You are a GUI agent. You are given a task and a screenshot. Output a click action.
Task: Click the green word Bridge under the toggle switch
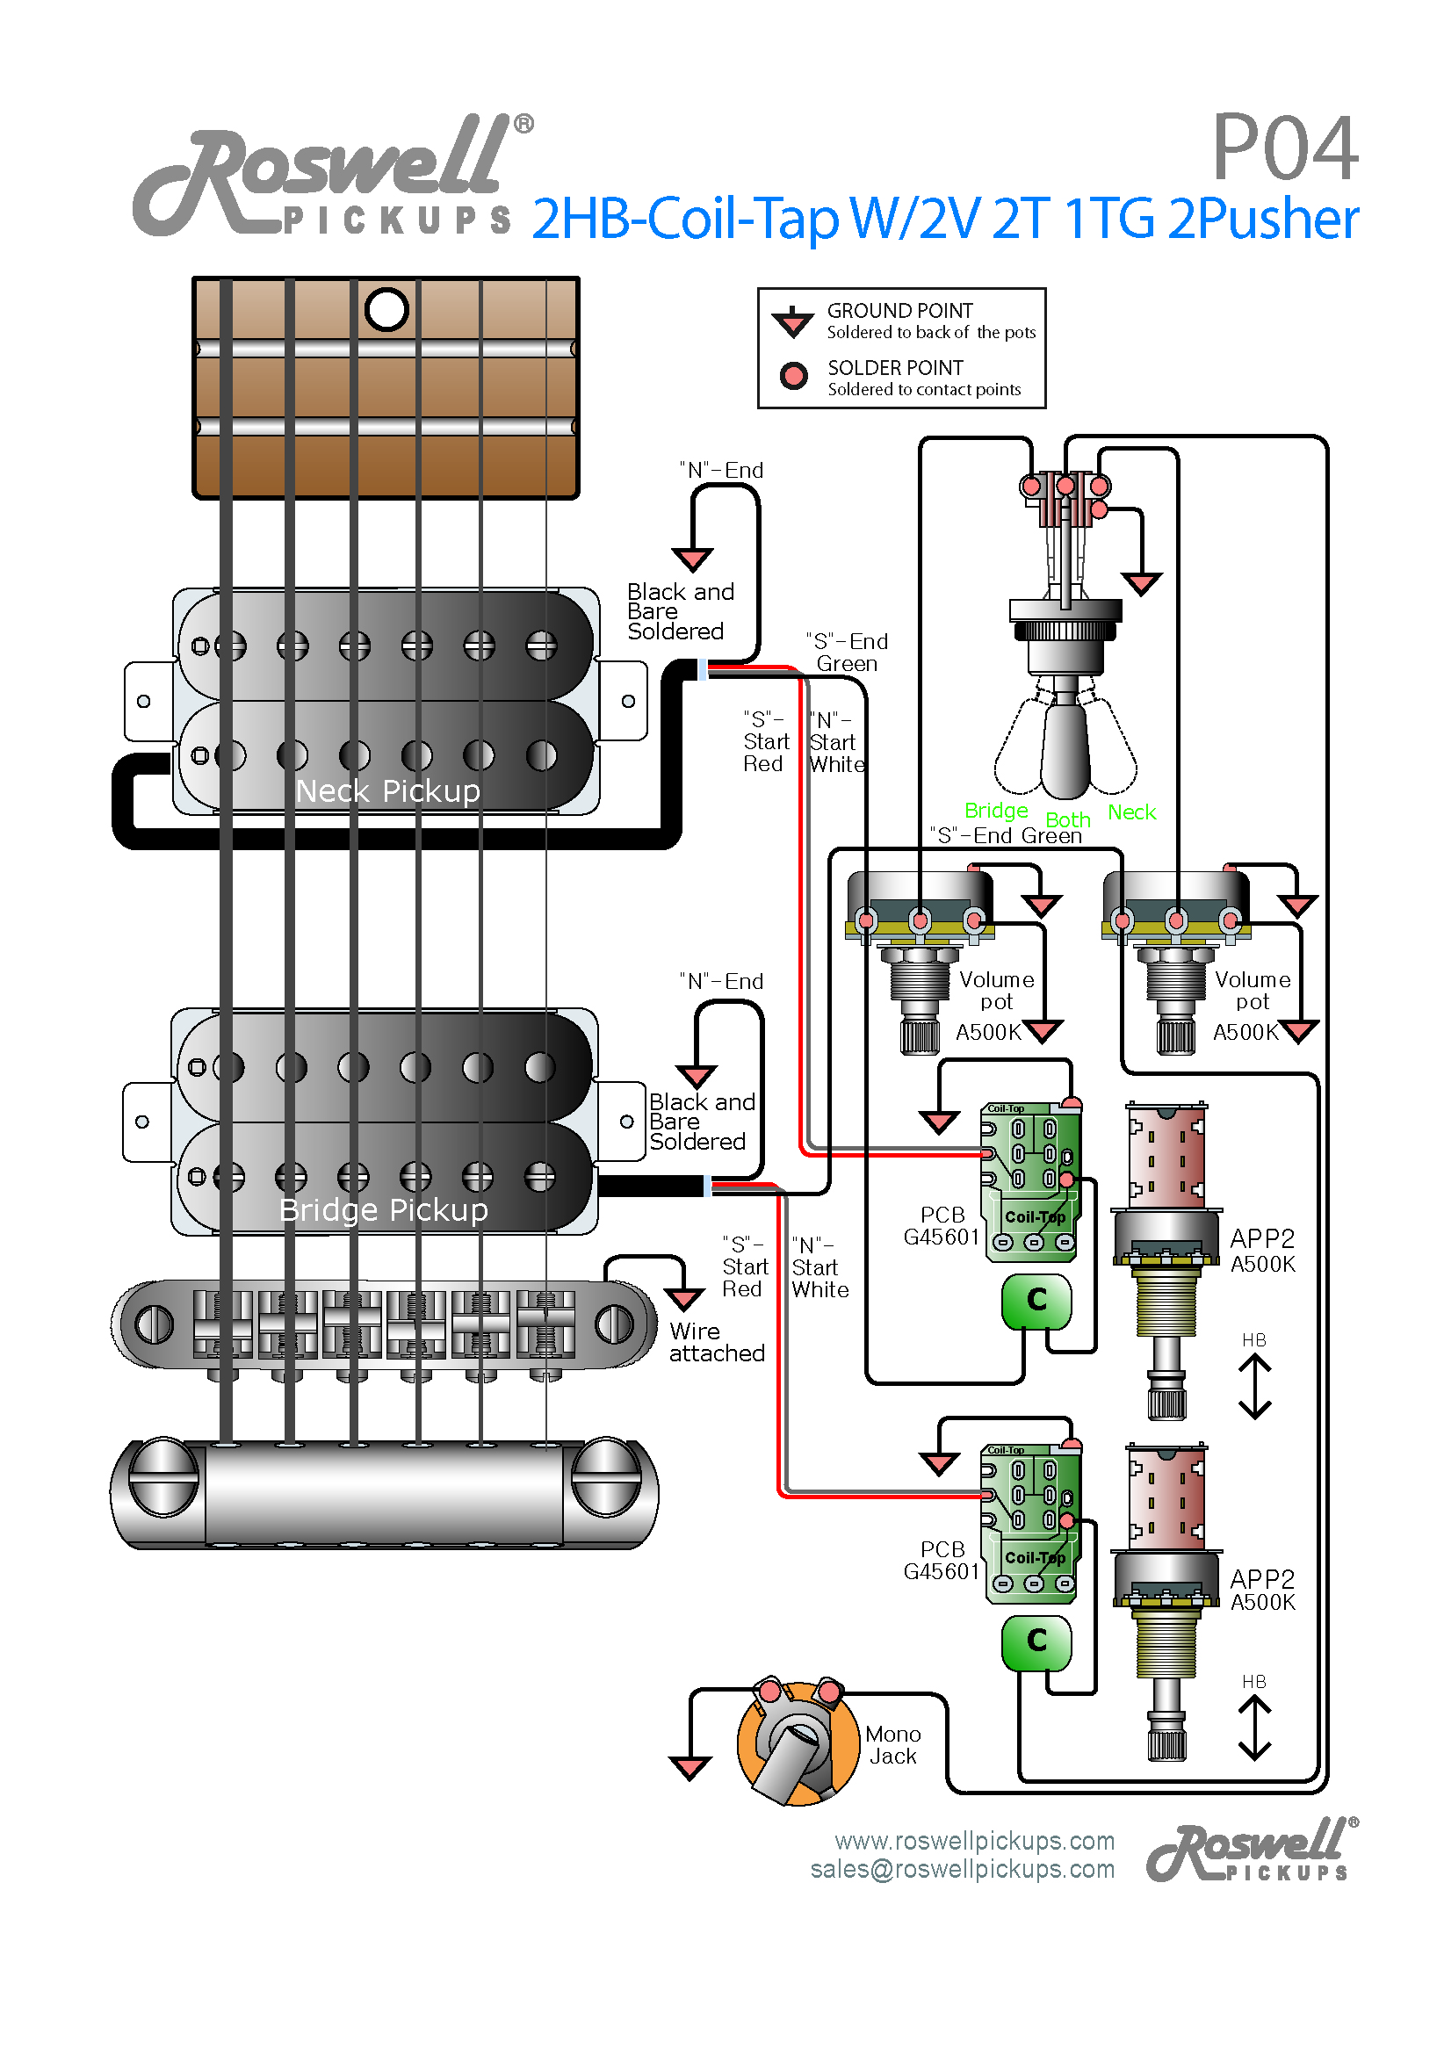[995, 811]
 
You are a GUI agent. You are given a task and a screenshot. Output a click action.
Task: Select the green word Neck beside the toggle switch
[1130, 812]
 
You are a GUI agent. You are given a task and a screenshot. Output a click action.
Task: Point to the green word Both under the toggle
[1067, 819]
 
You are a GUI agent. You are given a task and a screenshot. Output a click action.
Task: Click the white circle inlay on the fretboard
[386, 310]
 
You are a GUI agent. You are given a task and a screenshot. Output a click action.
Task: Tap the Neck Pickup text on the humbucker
[387, 790]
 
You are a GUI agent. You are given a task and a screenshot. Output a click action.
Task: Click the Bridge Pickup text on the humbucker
[383, 1209]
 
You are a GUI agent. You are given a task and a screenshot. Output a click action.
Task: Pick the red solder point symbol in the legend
[792, 376]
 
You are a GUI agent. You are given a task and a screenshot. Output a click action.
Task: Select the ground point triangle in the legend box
[791, 321]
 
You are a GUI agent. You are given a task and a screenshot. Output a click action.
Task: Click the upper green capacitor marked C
[1036, 1300]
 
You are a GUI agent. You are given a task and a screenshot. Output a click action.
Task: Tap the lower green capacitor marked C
[1036, 1641]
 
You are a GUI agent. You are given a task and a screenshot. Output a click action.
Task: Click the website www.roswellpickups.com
[974, 1840]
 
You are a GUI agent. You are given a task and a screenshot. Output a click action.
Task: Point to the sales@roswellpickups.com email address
[961, 1869]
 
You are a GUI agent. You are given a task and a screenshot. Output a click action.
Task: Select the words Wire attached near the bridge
[716, 1342]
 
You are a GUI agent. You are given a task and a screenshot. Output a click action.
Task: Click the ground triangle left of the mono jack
[690, 1767]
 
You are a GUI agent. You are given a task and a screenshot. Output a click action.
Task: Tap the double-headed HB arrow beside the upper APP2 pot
[1254, 1386]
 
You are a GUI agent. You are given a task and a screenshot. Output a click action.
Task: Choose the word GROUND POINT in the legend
[899, 311]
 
